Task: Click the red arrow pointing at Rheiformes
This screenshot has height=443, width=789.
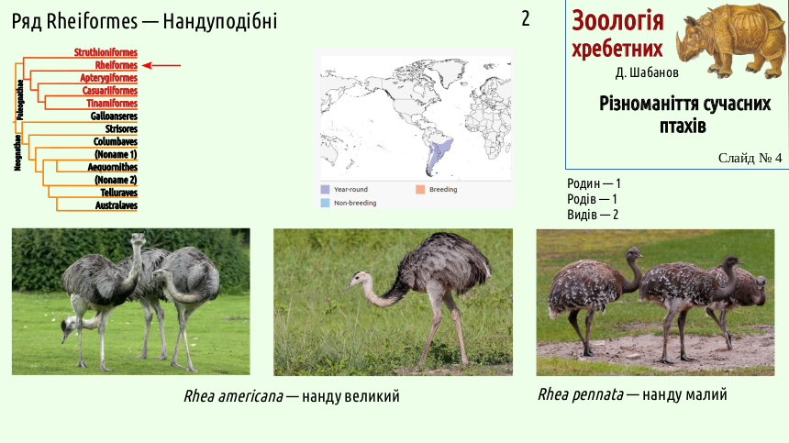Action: tap(161, 65)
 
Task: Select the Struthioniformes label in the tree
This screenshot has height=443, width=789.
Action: tap(106, 52)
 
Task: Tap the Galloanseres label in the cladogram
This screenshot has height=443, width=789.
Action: tap(114, 116)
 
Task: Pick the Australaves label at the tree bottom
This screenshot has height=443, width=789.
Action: tap(117, 205)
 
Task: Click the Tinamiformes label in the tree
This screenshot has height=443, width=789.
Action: tap(112, 103)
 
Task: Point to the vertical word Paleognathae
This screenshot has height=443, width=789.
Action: tap(20, 100)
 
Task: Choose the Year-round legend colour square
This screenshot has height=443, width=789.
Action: tap(325, 190)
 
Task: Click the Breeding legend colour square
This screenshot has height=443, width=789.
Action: tap(420, 190)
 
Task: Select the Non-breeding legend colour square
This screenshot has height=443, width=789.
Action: tap(325, 203)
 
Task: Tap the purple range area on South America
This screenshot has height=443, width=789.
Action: tap(438, 153)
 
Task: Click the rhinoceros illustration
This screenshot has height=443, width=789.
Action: tap(729, 40)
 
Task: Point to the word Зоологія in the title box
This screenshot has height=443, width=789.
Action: tap(618, 21)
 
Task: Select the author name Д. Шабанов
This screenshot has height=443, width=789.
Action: tap(647, 72)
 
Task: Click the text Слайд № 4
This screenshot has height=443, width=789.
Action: tap(750, 159)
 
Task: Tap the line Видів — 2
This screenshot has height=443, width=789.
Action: tap(593, 215)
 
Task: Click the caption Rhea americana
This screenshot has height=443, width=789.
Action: tap(233, 396)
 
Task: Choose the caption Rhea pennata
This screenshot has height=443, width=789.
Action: tap(581, 394)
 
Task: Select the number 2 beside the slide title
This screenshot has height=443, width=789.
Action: tap(526, 19)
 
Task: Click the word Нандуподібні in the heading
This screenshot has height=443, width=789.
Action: tap(220, 22)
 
